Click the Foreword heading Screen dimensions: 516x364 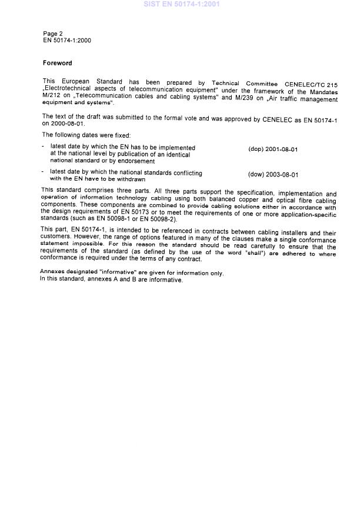[x=57, y=63]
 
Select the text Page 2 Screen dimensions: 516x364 [x=53, y=34]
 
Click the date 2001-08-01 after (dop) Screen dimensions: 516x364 [x=281, y=149]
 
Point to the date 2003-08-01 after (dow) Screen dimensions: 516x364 [x=282, y=175]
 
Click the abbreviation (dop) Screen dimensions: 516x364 [x=256, y=149]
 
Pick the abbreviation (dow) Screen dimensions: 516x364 [x=256, y=175]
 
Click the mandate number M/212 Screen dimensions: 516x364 [x=52, y=98]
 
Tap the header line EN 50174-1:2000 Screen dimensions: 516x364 [x=67, y=41]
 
